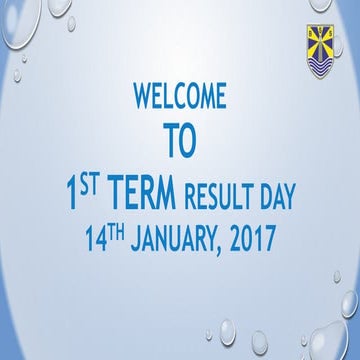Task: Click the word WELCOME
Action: tap(180, 97)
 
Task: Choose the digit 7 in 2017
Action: tap(269, 242)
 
